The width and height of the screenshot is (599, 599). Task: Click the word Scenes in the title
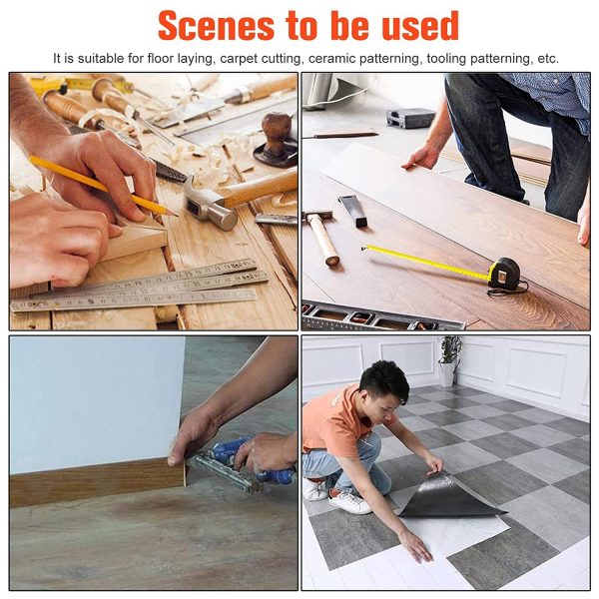pos(217,26)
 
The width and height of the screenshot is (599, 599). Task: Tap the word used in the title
pos(420,26)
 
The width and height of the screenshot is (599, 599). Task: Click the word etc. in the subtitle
pos(548,59)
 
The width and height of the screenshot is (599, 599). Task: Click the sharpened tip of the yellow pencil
pos(176,216)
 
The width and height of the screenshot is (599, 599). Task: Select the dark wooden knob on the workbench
pos(276,132)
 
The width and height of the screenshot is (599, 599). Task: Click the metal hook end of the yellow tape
pos(364,249)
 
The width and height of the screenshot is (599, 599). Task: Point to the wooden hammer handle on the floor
pos(323,240)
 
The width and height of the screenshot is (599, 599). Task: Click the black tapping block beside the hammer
pos(352,211)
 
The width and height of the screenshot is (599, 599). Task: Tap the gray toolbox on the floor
pos(410,117)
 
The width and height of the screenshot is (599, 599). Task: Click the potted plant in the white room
pos(449,360)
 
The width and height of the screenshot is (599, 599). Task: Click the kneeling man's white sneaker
pos(349,501)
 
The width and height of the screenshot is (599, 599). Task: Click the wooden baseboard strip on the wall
pos(98,482)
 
